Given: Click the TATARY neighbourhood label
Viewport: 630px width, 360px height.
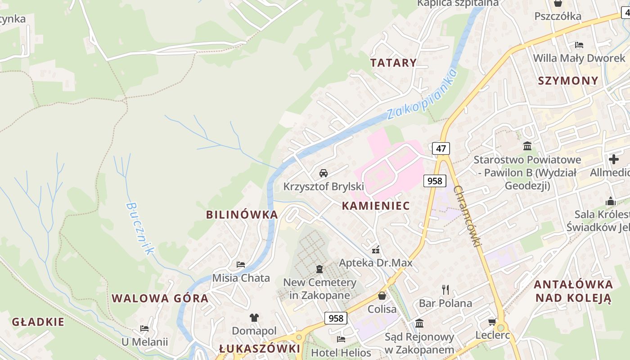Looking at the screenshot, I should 393,63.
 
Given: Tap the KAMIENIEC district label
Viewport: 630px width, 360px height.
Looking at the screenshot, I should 376,206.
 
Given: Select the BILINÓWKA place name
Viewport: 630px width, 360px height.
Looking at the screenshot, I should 242,215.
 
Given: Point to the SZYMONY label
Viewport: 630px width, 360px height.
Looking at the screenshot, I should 568,81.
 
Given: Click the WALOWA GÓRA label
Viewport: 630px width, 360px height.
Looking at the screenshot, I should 160,298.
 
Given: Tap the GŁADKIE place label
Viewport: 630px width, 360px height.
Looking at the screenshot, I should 38,322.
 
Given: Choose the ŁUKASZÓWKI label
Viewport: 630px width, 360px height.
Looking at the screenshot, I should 260,349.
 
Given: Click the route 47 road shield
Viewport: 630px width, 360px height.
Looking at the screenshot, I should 441,148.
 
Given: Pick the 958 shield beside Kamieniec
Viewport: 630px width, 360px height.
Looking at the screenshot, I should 435,181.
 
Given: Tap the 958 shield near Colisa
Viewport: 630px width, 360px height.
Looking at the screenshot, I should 336,318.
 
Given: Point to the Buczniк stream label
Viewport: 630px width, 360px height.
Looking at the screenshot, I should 140,229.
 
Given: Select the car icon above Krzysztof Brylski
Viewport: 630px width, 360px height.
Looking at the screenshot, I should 323,173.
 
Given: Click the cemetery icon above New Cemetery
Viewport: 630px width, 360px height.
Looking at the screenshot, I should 319,269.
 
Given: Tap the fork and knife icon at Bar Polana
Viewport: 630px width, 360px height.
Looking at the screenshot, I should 445,289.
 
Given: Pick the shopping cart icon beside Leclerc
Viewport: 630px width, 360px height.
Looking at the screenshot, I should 492,322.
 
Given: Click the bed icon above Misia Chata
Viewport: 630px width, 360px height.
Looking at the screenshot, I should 241,264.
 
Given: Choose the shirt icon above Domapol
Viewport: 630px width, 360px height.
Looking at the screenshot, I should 254,317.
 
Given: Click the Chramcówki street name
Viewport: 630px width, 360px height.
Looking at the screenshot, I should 468,216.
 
